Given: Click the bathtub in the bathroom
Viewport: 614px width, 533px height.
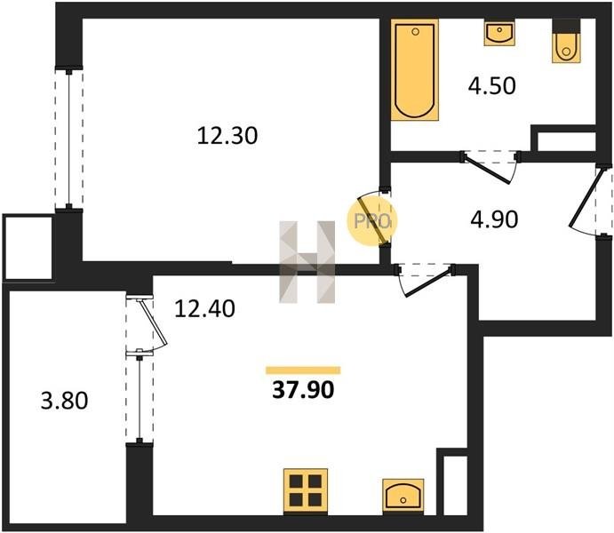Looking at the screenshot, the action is (415, 69).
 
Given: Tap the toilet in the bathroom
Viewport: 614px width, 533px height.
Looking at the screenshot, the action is (566, 44).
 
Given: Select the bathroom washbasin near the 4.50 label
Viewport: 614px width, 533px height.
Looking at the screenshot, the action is (499, 33).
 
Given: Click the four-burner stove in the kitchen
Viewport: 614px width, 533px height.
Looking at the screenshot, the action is (306, 490).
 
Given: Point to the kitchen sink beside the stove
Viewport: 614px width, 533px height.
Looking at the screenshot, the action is (403, 497).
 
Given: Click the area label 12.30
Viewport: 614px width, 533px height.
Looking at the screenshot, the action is (227, 136).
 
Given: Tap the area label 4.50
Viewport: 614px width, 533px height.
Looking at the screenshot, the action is (492, 86).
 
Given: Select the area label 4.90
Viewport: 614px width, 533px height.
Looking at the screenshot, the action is (494, 219).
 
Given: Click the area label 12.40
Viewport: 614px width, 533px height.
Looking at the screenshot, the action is (204, 308).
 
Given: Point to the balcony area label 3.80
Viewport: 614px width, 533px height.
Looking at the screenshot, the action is (65, 401).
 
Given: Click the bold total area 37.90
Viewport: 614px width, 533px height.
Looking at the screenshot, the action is (303, 390).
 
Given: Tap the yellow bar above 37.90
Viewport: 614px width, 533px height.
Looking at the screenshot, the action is (303, 370).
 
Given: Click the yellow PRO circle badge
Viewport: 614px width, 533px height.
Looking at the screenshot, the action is (372, 220).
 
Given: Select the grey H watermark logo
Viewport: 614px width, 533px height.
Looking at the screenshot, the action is (307, 262).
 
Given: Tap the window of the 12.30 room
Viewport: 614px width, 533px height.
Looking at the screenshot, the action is (69, 139).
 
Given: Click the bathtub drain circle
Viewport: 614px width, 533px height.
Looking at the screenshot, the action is (415, 32).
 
